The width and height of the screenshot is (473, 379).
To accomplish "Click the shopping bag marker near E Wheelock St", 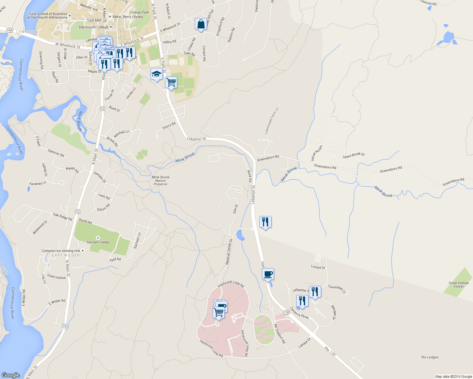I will pos(201,24).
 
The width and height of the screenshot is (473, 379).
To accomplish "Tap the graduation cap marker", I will pos(156,74).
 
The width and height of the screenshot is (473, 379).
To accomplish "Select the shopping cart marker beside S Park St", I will pos(171,82).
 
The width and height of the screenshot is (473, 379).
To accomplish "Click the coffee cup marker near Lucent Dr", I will pos(268,274).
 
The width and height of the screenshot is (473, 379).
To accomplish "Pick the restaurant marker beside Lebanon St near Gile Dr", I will pos(265,222).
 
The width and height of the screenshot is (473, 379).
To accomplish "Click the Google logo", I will pos(10,375).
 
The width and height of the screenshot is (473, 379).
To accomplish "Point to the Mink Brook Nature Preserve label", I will pos(160,181).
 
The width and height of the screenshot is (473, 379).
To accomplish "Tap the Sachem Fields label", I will pos(98,242).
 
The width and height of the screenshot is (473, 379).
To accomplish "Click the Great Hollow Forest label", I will pos(458,285).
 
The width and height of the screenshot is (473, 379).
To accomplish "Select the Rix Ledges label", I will pos(430,357).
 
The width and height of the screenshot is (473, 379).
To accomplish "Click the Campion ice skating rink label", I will pos(61,251).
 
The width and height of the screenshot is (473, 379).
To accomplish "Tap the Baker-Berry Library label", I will pos(128,17).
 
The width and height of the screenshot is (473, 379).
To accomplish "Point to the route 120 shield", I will pos(286,312).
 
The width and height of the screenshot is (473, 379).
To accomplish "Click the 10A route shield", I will pos(10,30).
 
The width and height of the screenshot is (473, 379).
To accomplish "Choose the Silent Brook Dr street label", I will pos(354,155).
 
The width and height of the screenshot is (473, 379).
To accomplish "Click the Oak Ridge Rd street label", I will pos(63,217).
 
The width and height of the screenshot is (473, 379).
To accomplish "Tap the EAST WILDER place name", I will pos(66,255).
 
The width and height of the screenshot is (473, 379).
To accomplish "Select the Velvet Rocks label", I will pos(316,153).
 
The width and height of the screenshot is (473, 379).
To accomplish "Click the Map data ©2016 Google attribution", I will pos(453,376).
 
